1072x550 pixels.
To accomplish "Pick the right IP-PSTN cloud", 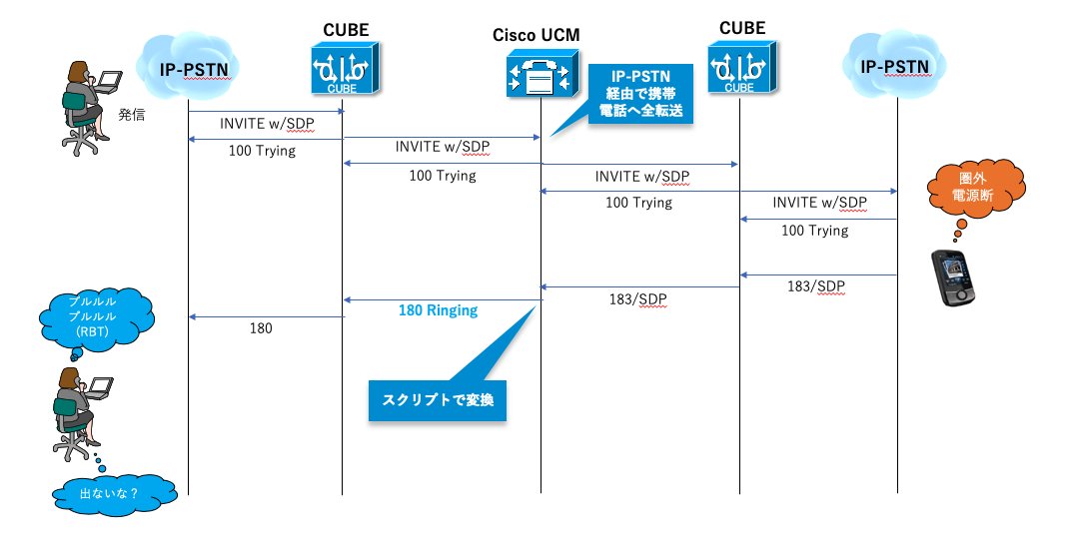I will pos(896,68).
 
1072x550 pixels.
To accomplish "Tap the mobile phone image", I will pos(952,275).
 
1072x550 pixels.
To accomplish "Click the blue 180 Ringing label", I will pos(438,310).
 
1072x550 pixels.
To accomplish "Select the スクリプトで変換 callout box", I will pos(439,401).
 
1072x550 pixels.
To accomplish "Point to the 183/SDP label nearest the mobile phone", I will pos(813,286).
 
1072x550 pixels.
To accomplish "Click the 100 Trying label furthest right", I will pos(814,231).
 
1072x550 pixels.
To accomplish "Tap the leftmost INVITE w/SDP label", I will pos(266,124).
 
